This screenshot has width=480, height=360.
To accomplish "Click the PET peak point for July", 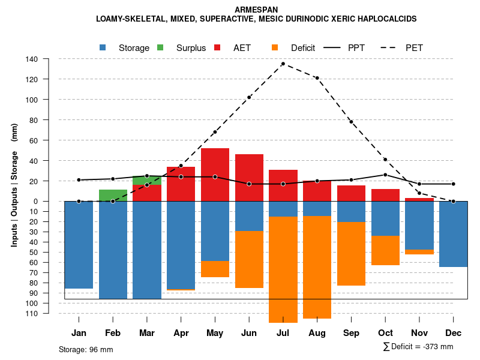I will [x=283, y=64].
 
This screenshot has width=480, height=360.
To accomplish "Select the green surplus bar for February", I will [x=113, y=195].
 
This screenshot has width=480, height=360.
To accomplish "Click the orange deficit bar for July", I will [x=283, y=269].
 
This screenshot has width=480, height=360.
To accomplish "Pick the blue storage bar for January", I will [x=79, y=245].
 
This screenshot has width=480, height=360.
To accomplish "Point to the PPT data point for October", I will [x=385, y=175].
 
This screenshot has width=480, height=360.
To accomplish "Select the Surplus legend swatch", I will [x=161, y=47].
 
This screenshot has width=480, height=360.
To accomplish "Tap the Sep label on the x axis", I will [x=351, y=333].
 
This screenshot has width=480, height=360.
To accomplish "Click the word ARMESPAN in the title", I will [x=256, y=10].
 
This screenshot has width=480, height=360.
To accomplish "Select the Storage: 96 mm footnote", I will [x=86, y=349].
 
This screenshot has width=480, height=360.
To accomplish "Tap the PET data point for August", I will [x=317, y=78].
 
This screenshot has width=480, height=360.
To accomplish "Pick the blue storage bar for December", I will [x=453, y=234].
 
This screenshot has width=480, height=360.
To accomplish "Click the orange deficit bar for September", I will [x=351, y=254].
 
